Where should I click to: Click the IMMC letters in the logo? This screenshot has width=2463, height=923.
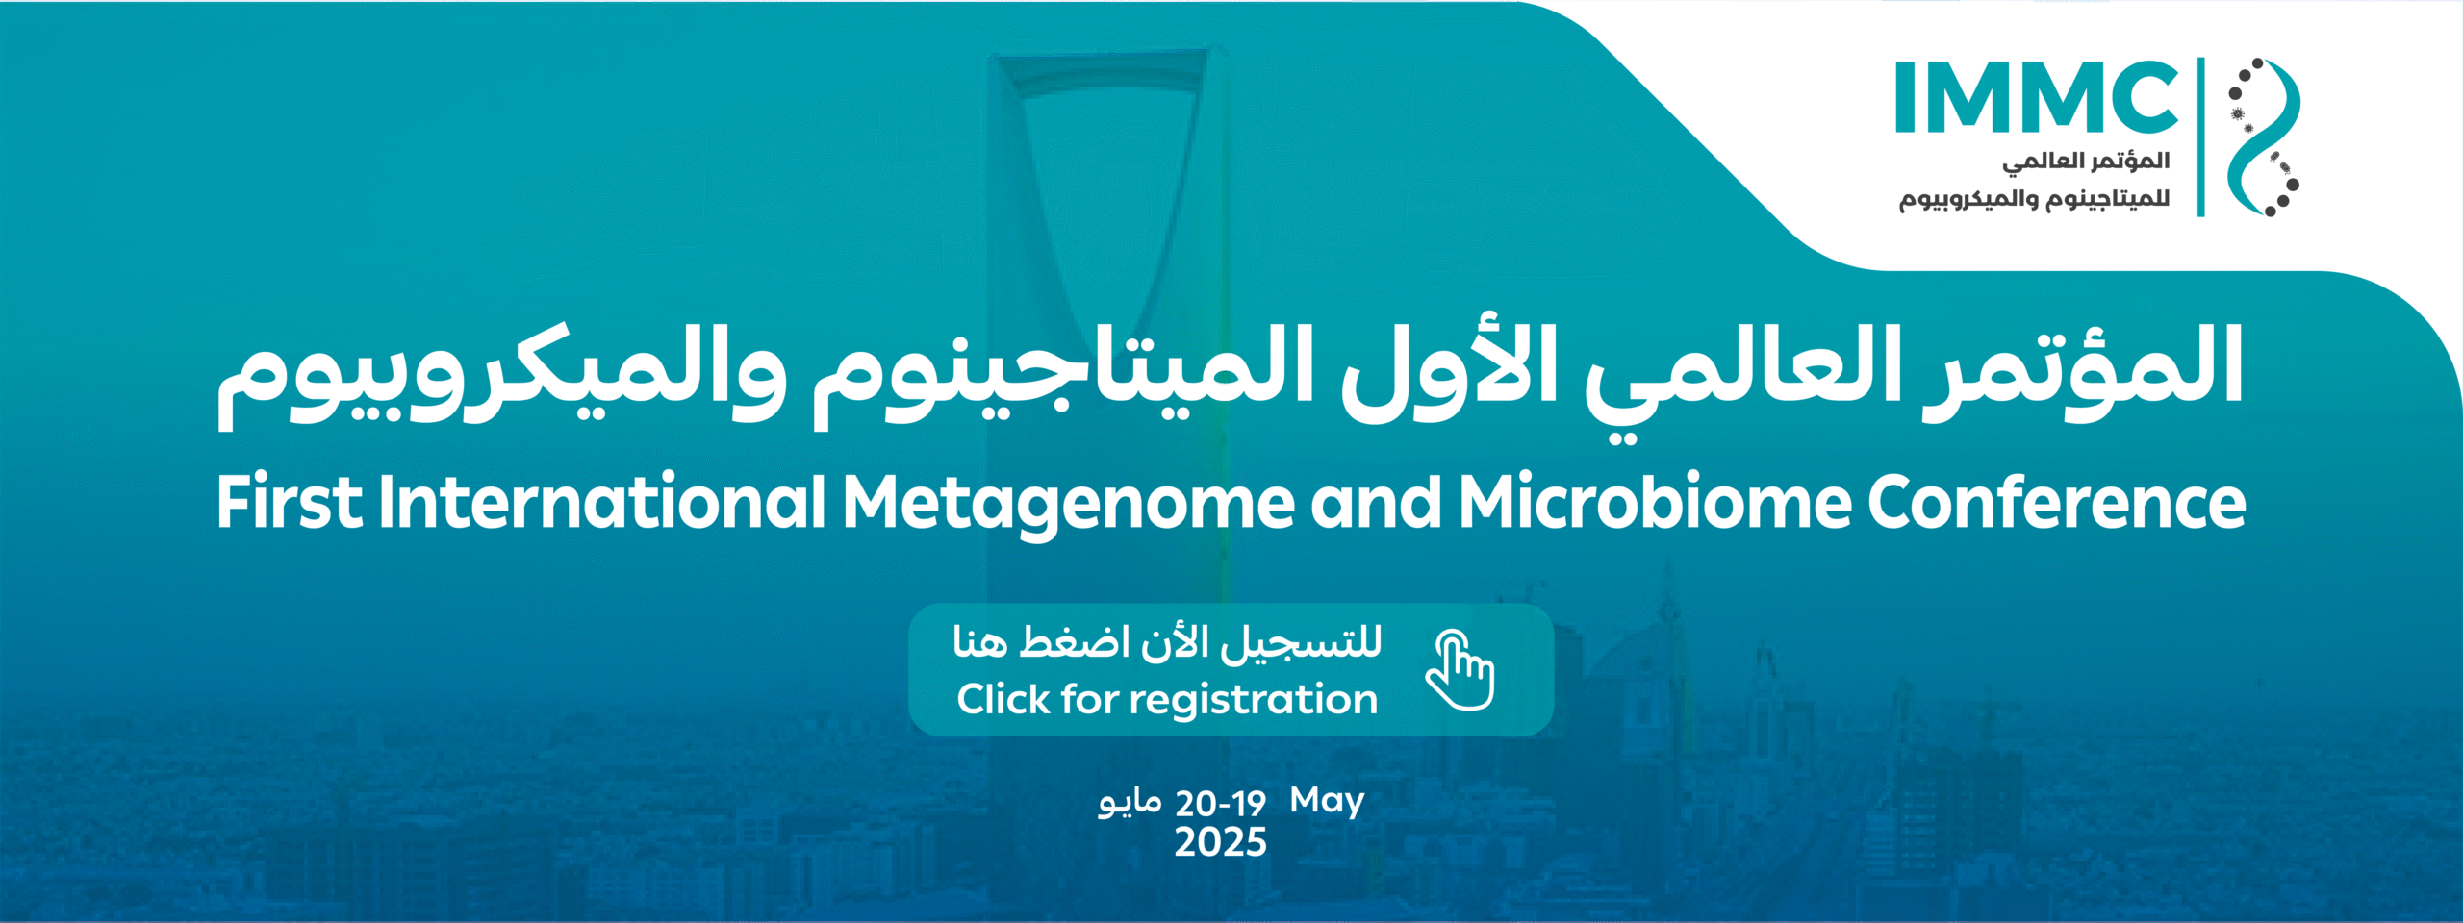(x=2037, y=97)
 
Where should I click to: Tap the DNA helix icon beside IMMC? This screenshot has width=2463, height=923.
(x=2263, y=137)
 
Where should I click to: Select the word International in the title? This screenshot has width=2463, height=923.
(x=602, y=502)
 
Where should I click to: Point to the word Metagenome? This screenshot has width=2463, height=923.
(x=1069, y=505)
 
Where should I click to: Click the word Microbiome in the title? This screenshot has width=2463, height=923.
(x=1655, y=502)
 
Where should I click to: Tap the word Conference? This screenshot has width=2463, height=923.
(x=2057, y=502)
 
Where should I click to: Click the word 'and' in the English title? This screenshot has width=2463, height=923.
(x=1376, y=502)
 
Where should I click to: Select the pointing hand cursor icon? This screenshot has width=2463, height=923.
(x=1460, y=670)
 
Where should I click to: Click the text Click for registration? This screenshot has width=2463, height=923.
(x=1167, y=700)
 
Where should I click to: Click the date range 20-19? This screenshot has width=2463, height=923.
(x=1220, y=803)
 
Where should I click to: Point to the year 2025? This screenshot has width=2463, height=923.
(x=1220, y=842)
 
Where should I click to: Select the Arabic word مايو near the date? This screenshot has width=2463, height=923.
(x=1130, y=803)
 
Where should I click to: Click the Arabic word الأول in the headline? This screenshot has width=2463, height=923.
(x=1448, y=370)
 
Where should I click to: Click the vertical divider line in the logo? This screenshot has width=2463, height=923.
(x=2201, y=137)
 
